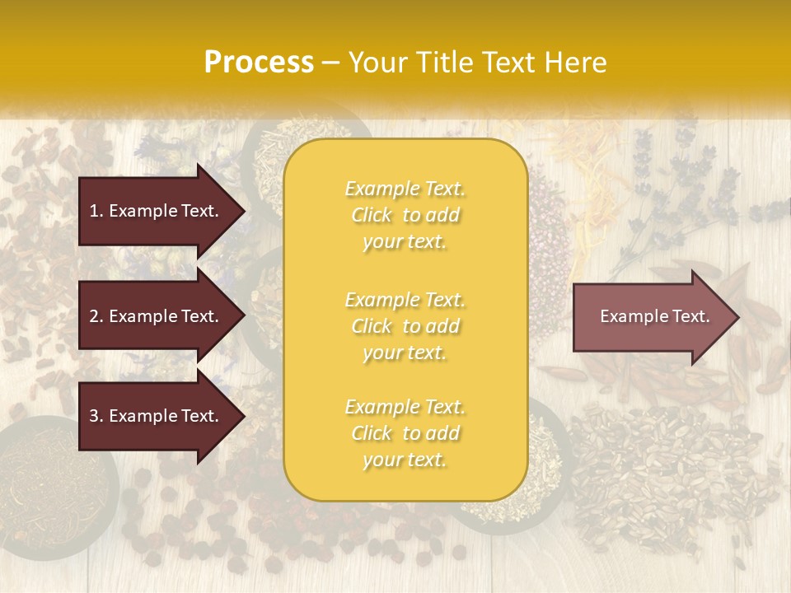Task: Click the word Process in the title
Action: click(259, 63)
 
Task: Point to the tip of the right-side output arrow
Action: click(737, 316)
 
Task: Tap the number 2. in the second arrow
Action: click(96, 316)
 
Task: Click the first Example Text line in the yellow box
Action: click(405, 189)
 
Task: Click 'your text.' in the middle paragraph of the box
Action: click(405, 353)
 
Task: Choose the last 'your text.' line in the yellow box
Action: click(405, 460)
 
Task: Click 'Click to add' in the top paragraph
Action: click(405, 216)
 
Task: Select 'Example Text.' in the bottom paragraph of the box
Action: click(405, 407)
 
